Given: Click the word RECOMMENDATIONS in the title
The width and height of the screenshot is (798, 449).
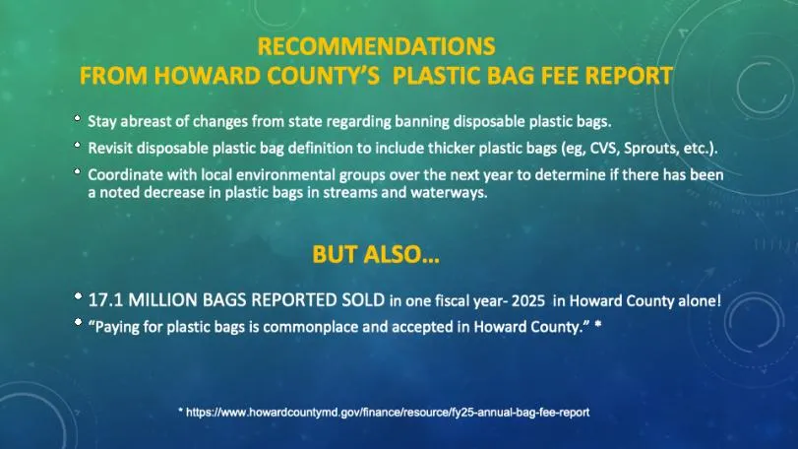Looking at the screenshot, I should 377,46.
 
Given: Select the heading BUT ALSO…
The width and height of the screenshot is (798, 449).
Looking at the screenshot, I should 376,255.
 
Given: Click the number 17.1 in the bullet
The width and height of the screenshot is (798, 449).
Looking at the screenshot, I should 103,301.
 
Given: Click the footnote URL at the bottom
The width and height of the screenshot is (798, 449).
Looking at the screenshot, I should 390,412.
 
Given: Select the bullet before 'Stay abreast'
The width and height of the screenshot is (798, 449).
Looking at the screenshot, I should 78,120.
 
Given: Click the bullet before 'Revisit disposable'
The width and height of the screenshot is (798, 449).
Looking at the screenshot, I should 78,147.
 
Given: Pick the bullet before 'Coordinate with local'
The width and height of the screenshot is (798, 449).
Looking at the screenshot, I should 78,172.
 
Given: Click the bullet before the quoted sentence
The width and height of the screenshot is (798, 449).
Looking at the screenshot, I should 78,321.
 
